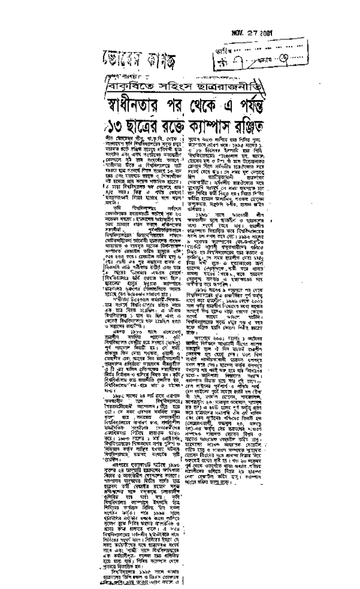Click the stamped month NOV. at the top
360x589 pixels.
point(239,32)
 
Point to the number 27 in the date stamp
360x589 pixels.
point(256,32)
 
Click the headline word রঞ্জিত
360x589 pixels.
point(253,126)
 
